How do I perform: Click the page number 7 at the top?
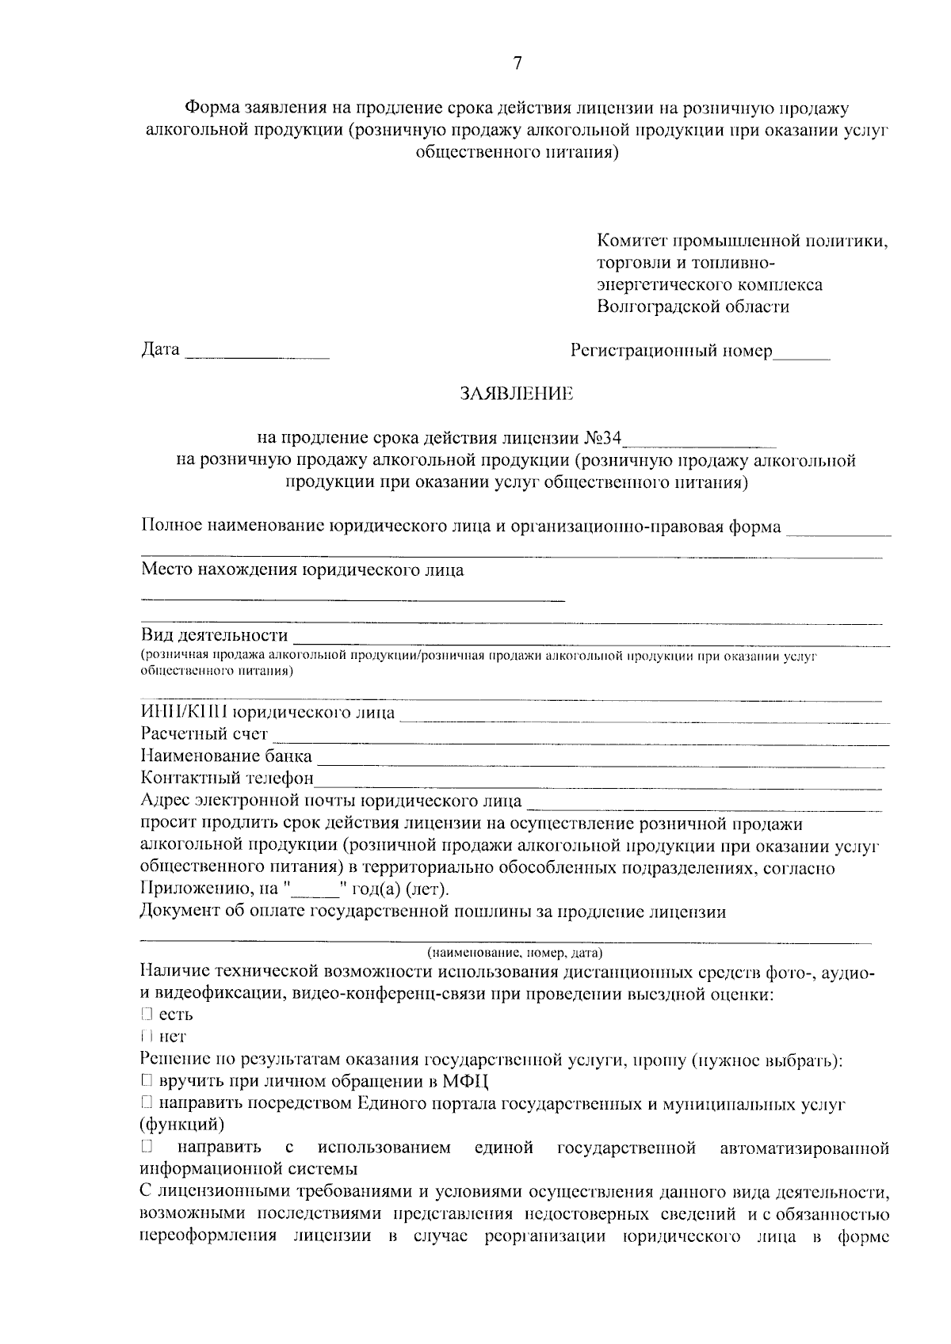(x=517, y=64)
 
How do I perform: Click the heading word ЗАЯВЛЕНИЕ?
(x=516, y=394)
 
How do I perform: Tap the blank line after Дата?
(x=257, y=355)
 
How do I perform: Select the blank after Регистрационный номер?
(x=801, y=355)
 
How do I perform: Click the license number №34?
(x=605, y=438)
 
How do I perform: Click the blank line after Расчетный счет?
(x=579, y=740)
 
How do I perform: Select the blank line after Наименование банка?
(x=600, y=762)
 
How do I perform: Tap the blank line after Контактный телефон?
(x=600, y=784)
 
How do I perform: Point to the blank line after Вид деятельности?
(x=590, y=640)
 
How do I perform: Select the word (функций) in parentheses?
(x=181, y=1124)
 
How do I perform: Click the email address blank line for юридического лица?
(x=705, y=806)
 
